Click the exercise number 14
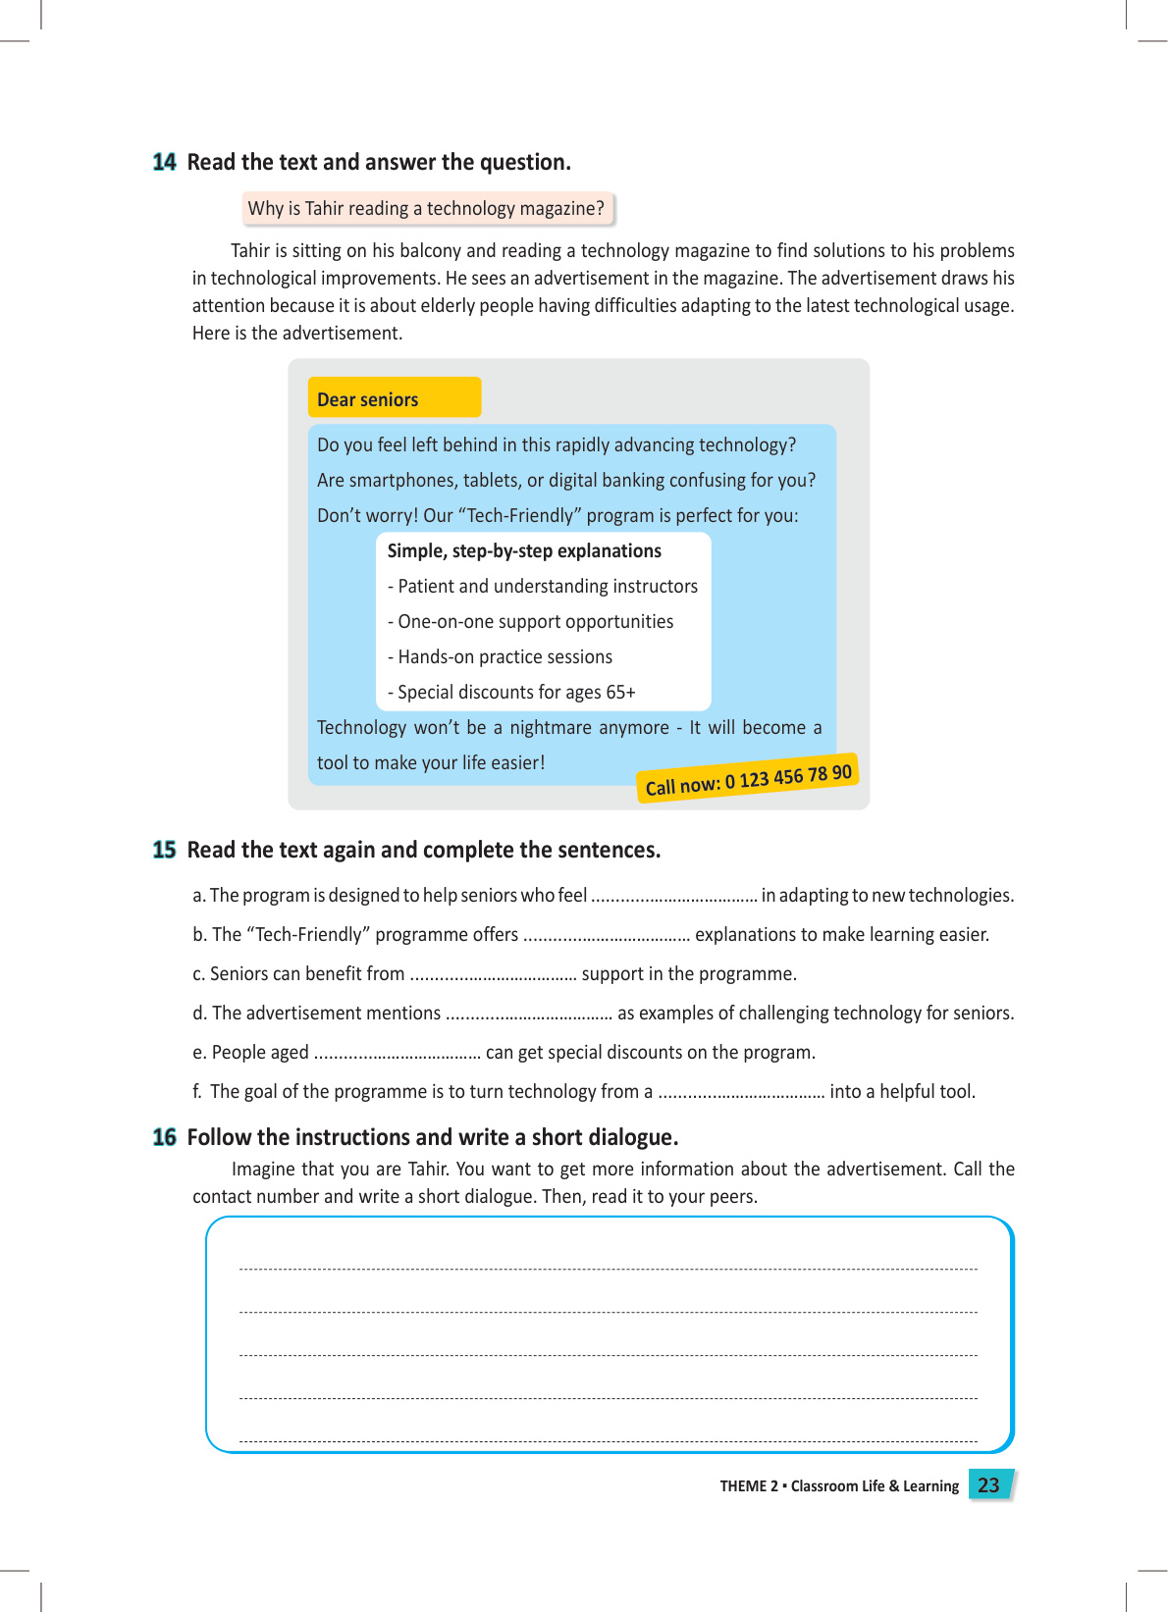click(x=164, y=162)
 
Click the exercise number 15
click(x=164, y=850)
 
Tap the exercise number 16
click(x=164, y=1137)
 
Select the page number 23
click(x=988, y=1484)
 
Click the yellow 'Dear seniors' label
click(x=394, y=398)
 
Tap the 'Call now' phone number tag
click(x=748, y=779)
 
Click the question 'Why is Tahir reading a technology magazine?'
click(x=426, y=208)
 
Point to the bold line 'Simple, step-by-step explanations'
click(x=524, y=551)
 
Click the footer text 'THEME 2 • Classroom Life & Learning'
click(x=839, y=1486)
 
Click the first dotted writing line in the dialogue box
click(x=609, y=1269)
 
